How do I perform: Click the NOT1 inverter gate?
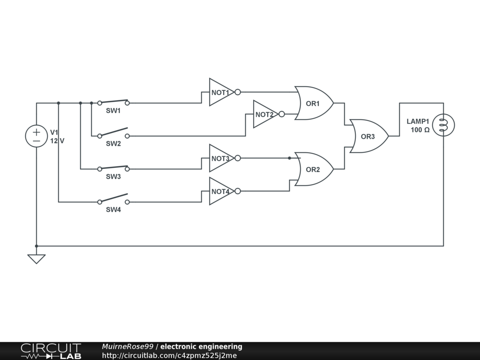(220, 92)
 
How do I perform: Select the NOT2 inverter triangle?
(264, 114)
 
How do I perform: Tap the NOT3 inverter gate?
(220, 158)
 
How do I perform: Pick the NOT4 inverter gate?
(220, 191)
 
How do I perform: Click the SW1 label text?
(113, 111)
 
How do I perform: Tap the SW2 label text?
(113, 144)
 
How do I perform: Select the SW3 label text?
(113, 177)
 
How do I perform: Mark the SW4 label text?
(113, 210)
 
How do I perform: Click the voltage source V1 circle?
(36, 136)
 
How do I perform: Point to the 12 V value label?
(57, 141)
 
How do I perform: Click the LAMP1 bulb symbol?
(443, 125)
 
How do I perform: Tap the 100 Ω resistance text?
(420, 130)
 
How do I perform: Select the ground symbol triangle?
(36, 258)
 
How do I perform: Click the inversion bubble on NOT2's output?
(281, 114)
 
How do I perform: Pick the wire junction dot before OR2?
(289, 158)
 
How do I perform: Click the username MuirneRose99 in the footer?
(127, 347)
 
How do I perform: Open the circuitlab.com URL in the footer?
(169, 356)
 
